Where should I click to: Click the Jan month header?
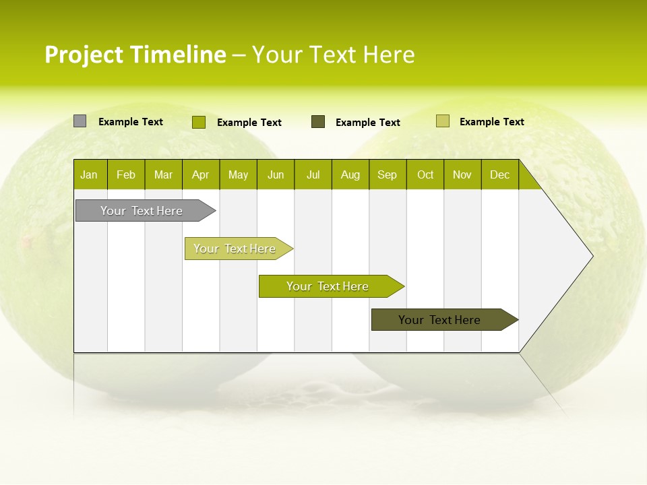(x=90, y=174)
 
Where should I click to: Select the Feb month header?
(x=126, y=174)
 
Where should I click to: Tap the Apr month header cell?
(x=201, y=174)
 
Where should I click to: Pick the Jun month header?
(x=276, y=174)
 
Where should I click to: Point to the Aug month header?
(x=350, y=174)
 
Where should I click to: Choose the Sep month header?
(x=388, y=174)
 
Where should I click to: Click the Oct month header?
(x=425, y=174)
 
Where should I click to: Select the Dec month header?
(x=500, y=174)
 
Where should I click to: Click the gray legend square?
(x=80, y=121)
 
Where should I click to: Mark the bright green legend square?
(x=198, y=122)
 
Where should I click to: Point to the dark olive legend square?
(x=318, y=122)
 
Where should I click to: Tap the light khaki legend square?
(x=442, y=121)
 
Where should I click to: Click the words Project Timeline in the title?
(x=135, y=55)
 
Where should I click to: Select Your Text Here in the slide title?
(x=333, y=55)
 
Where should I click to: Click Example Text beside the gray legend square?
(x=131, y=122)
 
